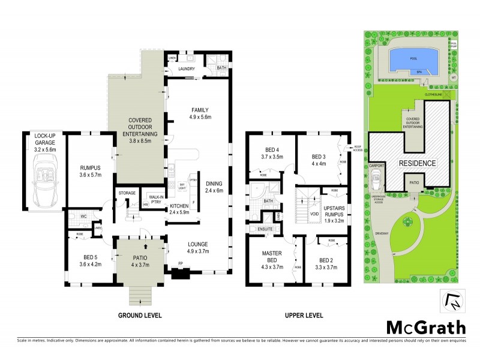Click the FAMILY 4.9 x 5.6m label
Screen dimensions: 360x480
(x=200, y=113)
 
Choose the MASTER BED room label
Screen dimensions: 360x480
(x=272, y=256)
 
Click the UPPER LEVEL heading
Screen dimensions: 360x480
(x=303, y=315)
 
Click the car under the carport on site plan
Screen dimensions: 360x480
(x=376, y=178)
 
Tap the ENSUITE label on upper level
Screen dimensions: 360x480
(x=266, y=228)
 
